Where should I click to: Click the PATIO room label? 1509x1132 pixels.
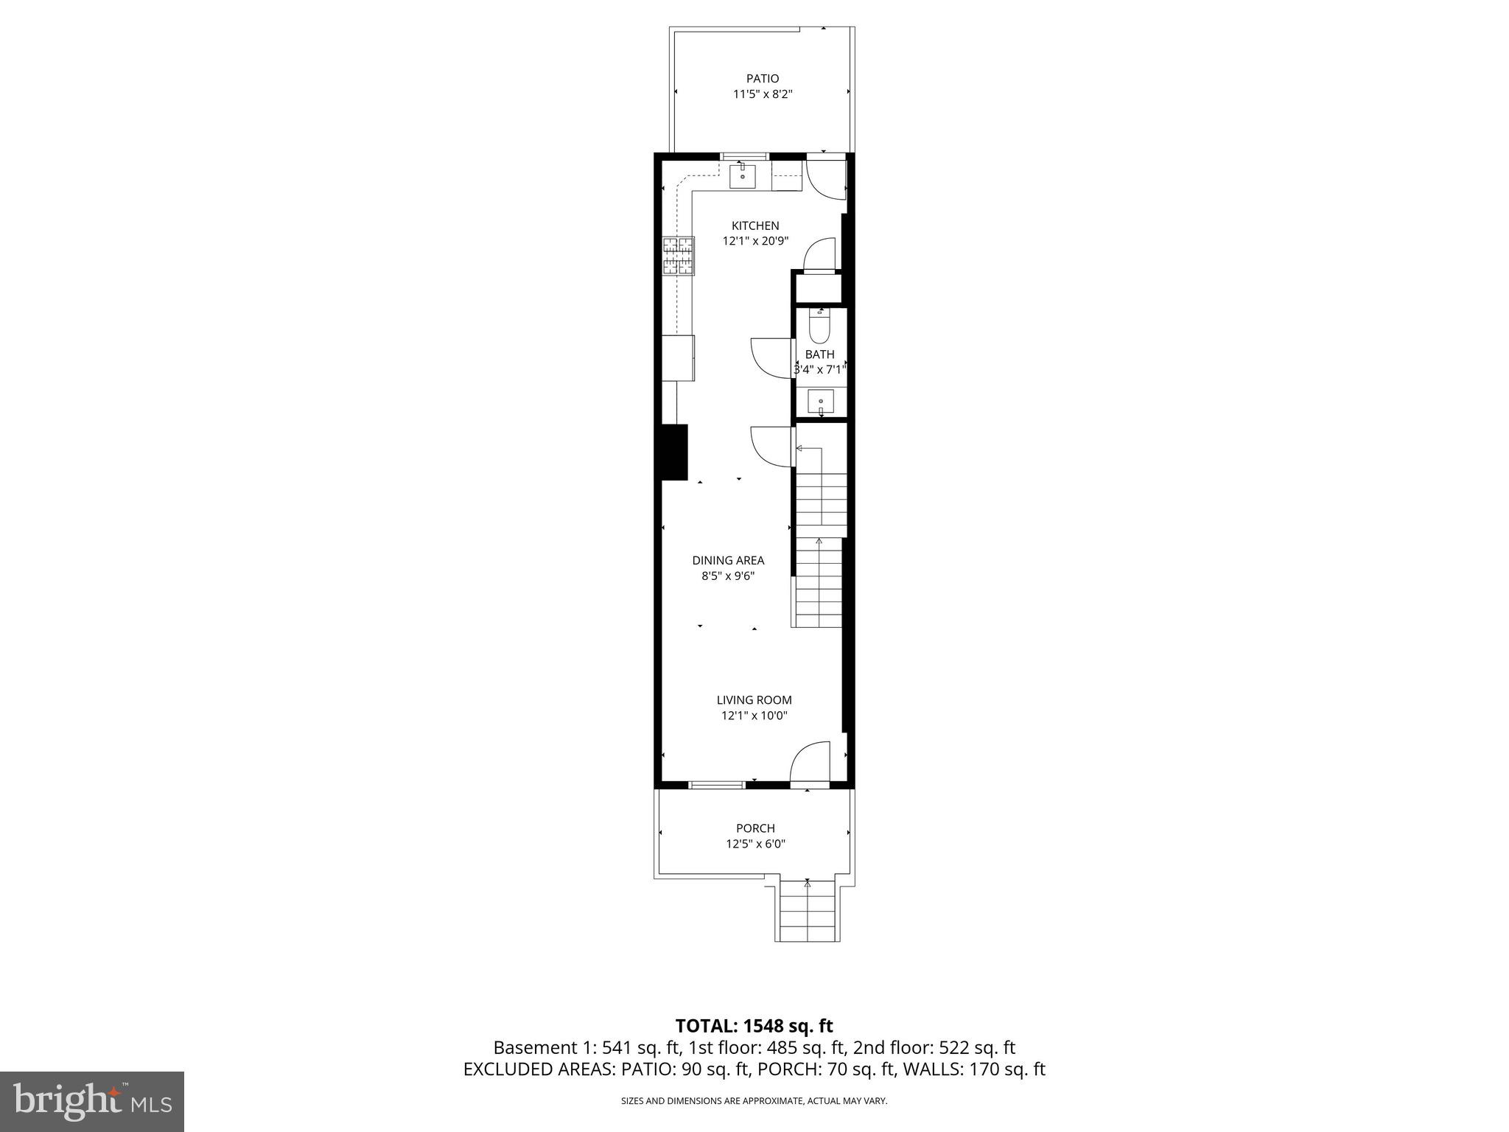(762, 79)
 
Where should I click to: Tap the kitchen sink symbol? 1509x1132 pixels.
(743, 176)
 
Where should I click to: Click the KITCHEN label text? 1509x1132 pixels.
(754, 226)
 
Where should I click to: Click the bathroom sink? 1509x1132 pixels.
(820, 402)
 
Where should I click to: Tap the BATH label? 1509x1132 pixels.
(819, 354)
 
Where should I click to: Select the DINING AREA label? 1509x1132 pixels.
(728, 560)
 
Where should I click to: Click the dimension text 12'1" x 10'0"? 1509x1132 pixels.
(754, 716)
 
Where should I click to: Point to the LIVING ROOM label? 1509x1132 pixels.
(754, 700)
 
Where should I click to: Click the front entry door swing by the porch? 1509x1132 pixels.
(810, 762)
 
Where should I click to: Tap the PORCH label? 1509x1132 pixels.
(755, 828)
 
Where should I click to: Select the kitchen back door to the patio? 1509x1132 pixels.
(825, 179)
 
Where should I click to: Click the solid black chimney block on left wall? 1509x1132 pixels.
(673, 452)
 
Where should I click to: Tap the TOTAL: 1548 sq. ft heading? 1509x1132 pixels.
(754, 1026)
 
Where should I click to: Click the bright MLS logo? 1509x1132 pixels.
(92, 1101)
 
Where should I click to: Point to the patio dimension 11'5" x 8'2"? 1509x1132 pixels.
(762, 94)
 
